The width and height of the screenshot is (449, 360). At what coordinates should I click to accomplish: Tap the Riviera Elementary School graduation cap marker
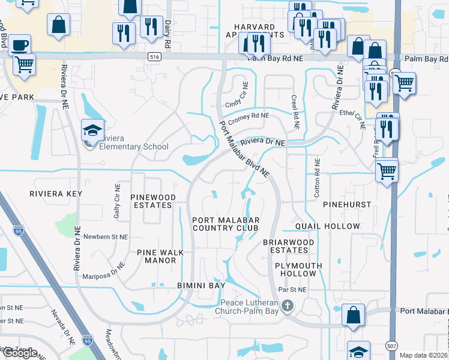(93, 129)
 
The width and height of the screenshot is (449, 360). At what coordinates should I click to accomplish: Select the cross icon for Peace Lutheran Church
(288, 307)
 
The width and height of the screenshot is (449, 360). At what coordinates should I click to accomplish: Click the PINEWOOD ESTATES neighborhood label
(153, 201)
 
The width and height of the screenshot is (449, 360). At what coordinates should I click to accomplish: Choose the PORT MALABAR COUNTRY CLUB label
(225, 224)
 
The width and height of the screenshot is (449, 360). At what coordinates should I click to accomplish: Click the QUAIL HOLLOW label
(328, 226)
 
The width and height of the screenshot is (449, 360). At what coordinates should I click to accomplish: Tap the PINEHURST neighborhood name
(348, 204)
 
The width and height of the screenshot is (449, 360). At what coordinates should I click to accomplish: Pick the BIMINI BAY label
(200, 284)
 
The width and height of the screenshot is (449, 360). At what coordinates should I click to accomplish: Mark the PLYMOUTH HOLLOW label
(298, 269)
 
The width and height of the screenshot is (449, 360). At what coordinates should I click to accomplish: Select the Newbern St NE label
(106, 237)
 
